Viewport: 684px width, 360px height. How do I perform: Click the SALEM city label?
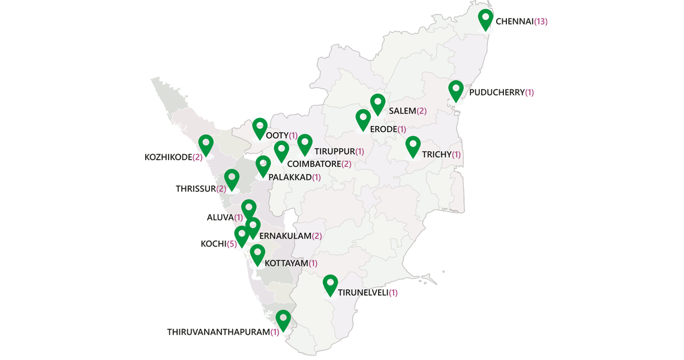[402, 111]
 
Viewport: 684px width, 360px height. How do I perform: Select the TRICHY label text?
[436, 155]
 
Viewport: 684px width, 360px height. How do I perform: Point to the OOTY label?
[277, 136]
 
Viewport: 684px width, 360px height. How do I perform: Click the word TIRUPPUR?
[335, 151]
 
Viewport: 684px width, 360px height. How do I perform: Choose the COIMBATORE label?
[314, 164]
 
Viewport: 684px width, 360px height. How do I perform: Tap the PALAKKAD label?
[290, 178]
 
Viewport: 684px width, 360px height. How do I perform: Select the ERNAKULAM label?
[285, 236]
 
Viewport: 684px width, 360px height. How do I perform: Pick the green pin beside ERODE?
[363, 119]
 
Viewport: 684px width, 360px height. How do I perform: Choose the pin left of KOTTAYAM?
[257, 254]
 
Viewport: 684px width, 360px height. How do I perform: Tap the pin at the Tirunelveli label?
[330, 284]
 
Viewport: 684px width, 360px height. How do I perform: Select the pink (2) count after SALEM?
[422, 111]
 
